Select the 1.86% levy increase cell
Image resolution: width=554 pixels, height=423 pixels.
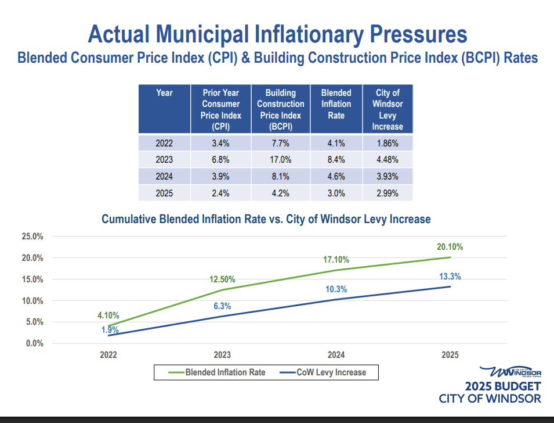click(388, 143)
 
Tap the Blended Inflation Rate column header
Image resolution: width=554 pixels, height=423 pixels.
click(336, 104)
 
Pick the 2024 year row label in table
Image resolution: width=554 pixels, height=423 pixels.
click(164, 177)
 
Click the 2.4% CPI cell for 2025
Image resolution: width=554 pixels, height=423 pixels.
click(221, 193)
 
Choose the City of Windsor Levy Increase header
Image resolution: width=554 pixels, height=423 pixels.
click(388, 109)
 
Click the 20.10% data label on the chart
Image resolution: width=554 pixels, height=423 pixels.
click(450, 247)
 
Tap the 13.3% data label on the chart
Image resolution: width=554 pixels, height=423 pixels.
click(450, 276)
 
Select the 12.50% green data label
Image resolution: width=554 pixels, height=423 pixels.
click(222, 279)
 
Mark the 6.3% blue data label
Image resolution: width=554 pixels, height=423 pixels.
click(222, 306)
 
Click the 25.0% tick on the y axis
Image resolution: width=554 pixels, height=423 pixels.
click(33, 236)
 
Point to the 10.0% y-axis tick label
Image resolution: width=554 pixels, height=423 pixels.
click(33, 301)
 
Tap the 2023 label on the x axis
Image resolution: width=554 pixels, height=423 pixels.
click(222, 354)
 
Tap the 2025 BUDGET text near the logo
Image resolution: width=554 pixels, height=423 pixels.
click(502, 386)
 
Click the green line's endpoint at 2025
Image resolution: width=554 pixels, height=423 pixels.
click(450, 257)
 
